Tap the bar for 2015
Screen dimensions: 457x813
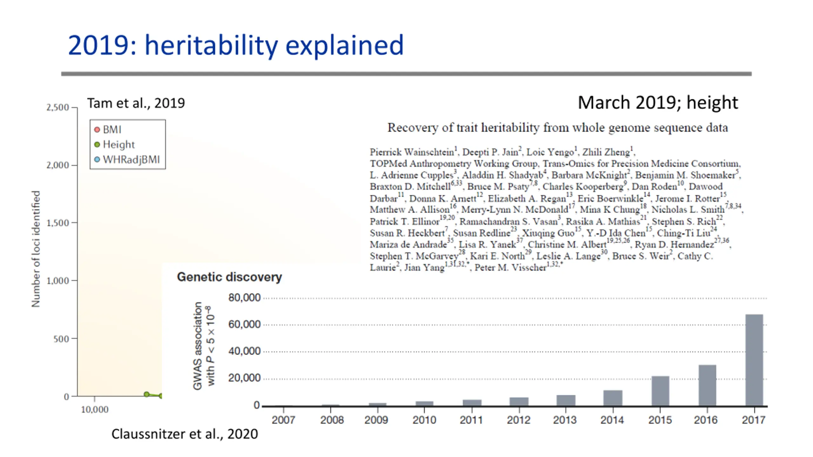(x=660, y=391)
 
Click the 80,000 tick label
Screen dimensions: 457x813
(x=244, y=298)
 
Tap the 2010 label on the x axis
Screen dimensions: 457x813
(x=424, y=420)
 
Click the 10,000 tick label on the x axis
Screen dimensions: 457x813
(x=95, y=409)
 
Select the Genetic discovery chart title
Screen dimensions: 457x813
(x=229, y=277)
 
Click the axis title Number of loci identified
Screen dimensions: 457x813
(x=36, y=249)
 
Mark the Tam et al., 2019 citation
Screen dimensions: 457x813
(x=136, y=103)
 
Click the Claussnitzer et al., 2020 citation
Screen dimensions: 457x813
(x=185, y=434)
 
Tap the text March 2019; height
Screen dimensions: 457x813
(x=657, y=103)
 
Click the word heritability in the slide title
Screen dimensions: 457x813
(x=211, y=45)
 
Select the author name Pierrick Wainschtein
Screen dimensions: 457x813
(x=412, y=152)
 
